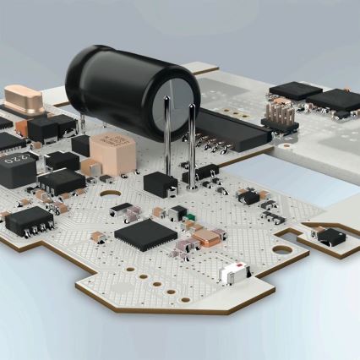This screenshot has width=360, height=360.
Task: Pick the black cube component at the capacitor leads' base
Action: coord(161,183)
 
